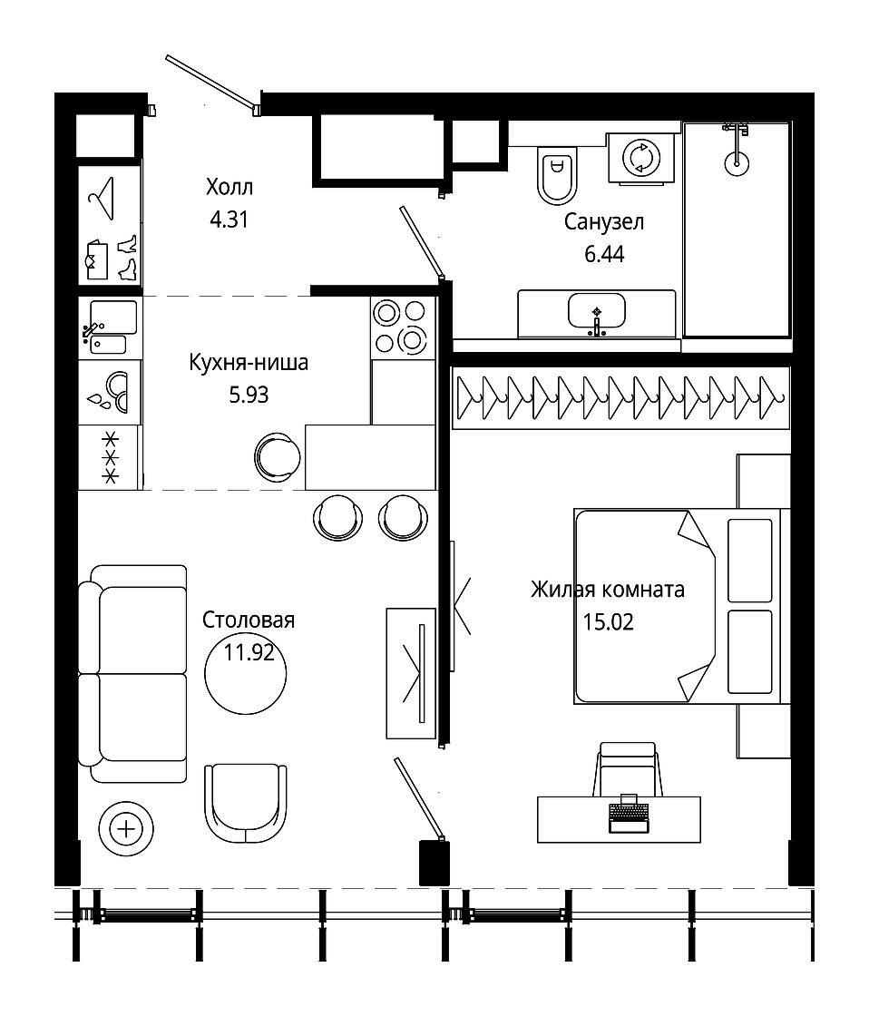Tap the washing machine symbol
(x=640, y=158)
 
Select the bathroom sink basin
(x=596, y=311)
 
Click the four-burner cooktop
(x=403, y=327)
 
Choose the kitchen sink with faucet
(x=110, y=327)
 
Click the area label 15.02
(x=608, y=622)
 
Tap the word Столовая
(x=249, y=620)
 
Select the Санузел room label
(x=604, y=222)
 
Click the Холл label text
(x=229, y=187)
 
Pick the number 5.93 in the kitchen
(x=249, y=395)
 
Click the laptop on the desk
(x=628, y=813)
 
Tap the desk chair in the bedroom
(x=628, y=769)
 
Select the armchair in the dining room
(x=246, y=803)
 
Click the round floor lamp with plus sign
(x=126, y=829)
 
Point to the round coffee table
(x=246, y=675)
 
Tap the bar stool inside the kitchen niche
(x=278, y=457)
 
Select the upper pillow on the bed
(x=750, y=561)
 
